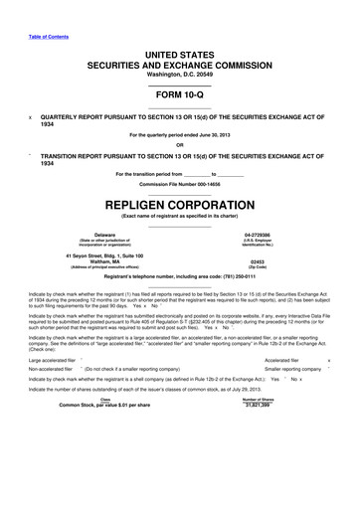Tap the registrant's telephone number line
click(179, 278)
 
